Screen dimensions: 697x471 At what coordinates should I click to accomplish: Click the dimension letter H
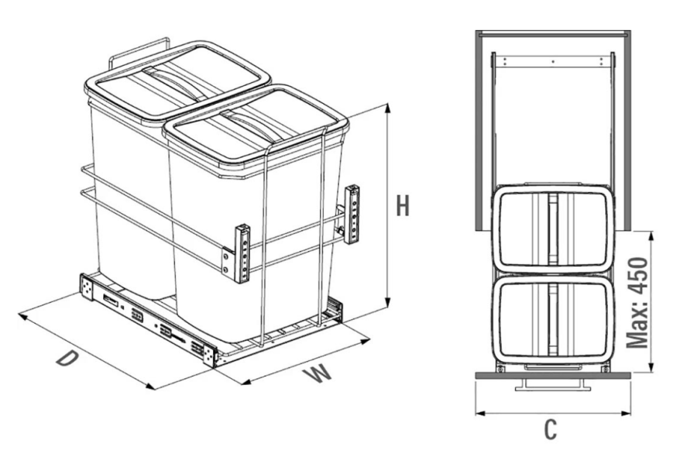[x=403, y=205]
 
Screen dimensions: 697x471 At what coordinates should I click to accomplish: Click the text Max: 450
[x=637, y=302]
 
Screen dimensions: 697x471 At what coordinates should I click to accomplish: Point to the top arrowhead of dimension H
[x=389, y=109]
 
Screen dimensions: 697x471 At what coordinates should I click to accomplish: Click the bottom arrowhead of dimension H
[x=389, y=301]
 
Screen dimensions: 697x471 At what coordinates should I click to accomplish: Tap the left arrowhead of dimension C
[x=480, y=413]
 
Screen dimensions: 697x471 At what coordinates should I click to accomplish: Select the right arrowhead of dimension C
[x=626, y=413]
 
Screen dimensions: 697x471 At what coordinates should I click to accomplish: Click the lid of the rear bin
[x=178, y=80]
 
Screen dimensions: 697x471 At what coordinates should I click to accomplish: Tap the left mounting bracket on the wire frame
[x=242, y=253]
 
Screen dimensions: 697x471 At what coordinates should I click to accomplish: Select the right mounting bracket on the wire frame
[x=352, y=214]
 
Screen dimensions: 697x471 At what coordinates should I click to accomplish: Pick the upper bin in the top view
[x=552, y=229]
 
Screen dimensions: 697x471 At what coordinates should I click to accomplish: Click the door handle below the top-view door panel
[x=552, y=385]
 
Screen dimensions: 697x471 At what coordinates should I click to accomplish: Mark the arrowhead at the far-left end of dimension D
[x=23, y=317]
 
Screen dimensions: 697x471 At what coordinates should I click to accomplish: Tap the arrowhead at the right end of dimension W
[x=366, y=341]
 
